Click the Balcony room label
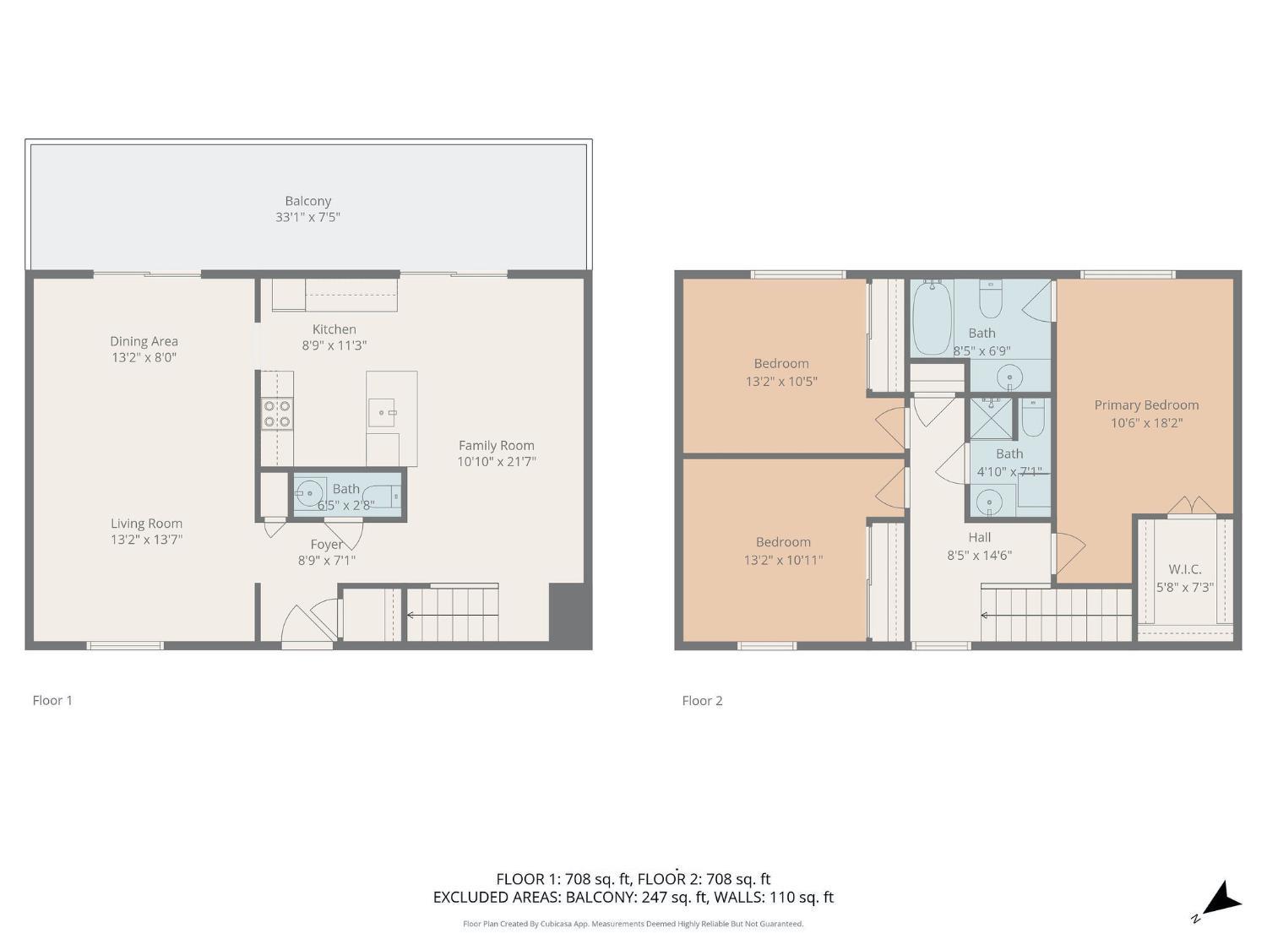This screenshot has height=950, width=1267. pyautogui.click(x=307, y=201)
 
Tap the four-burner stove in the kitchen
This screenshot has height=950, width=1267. pyautogui.click(x=277, y=414)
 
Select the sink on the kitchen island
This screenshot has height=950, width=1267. pyautogui.click(x=382, y=413)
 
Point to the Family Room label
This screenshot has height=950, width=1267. pyautogui.click(x=496, y=445)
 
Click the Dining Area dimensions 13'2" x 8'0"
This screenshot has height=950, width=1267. pyautogui.click(x=144, y=357)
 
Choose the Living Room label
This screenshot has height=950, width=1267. pyautogui.click(x=146, y=524)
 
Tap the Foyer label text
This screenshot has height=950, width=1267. pyautogui.click(x=326, y=545)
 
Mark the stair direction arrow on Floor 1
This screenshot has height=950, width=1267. pyautogui.click(x=411, y=615)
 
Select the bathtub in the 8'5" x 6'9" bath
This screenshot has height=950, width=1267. pyautogui.click(x=932, y=318)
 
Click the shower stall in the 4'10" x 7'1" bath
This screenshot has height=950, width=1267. pyautogui.click(x=990, y=419)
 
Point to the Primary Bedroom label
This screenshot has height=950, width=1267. pyautogui.click(x=1146, y=405)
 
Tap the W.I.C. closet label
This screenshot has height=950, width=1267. pyautogui.click(x=1184, y=569)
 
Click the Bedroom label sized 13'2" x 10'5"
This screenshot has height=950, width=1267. pyautogui.click(x=781, y=364)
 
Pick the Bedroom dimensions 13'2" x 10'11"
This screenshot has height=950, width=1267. pyautogui.click(x=783, y=560)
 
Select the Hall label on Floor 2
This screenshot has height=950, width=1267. pyautogui.click(x=980, y=537)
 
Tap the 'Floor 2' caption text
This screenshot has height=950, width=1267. pyautogui.click(x=702, y=700)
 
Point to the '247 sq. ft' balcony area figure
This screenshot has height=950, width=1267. pyautogui.click(x=674, y=897)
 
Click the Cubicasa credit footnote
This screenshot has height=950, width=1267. pyautogui.click(x=633, y=924)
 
